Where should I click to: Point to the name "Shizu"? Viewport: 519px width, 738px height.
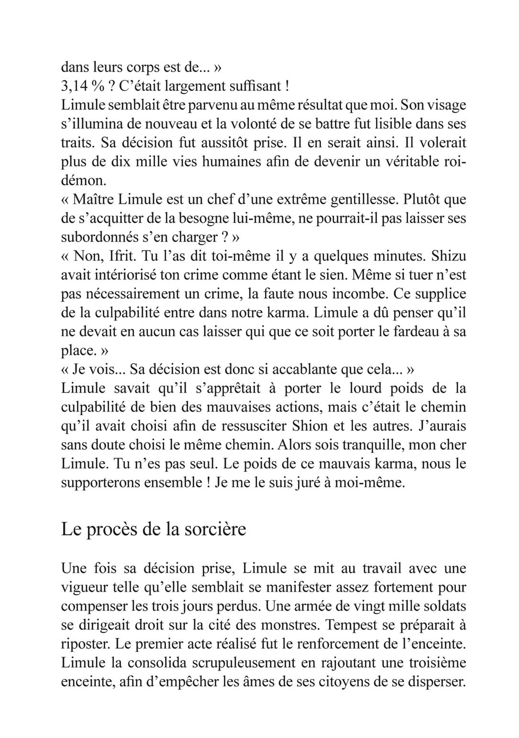[x=449, y=256]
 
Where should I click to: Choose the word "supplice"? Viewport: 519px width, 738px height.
[x=440, y=294]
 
